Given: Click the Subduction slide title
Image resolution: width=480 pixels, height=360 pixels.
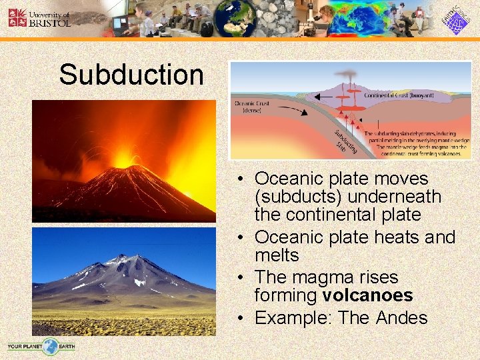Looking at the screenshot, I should tap(131, 75).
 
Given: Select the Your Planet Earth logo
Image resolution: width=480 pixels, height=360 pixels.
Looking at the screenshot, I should tap(41, 347).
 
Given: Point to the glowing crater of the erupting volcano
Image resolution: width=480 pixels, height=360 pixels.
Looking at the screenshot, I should tap(124, 159).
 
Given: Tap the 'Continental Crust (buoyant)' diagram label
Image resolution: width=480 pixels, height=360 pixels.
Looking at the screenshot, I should tap(399, 95).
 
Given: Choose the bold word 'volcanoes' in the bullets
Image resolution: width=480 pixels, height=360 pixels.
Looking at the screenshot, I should tap(367, 295).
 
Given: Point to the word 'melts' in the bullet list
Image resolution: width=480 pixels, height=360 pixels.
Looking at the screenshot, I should tap(277, 255).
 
